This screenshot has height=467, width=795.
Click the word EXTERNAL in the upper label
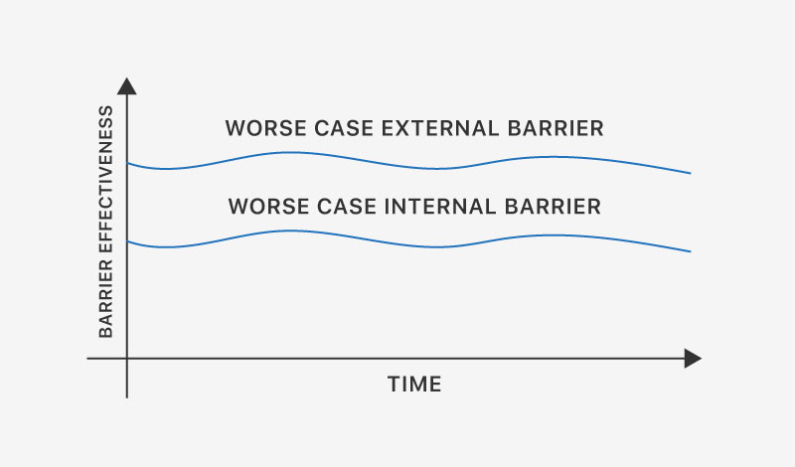tap(440, 128)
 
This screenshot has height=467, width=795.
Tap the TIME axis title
tap(414, 385)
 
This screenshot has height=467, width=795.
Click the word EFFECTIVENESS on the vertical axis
tap(105, 179)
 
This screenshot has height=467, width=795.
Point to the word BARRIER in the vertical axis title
tap(105, 299)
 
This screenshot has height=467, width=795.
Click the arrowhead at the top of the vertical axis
tap(127, 86)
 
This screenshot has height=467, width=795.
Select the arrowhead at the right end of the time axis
tap(693, 359)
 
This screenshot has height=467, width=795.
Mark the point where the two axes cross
tap(127, 359)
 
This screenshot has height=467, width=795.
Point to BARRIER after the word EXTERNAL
tap(556, 128)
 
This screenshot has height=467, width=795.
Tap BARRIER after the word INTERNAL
tap(553, 207)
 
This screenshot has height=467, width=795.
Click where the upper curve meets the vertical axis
tap(127, 163)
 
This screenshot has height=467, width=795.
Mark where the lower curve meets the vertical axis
tap(127, 241)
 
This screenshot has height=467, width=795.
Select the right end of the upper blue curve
tap(691, 174)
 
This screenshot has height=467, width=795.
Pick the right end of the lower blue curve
tap(691, 251)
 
